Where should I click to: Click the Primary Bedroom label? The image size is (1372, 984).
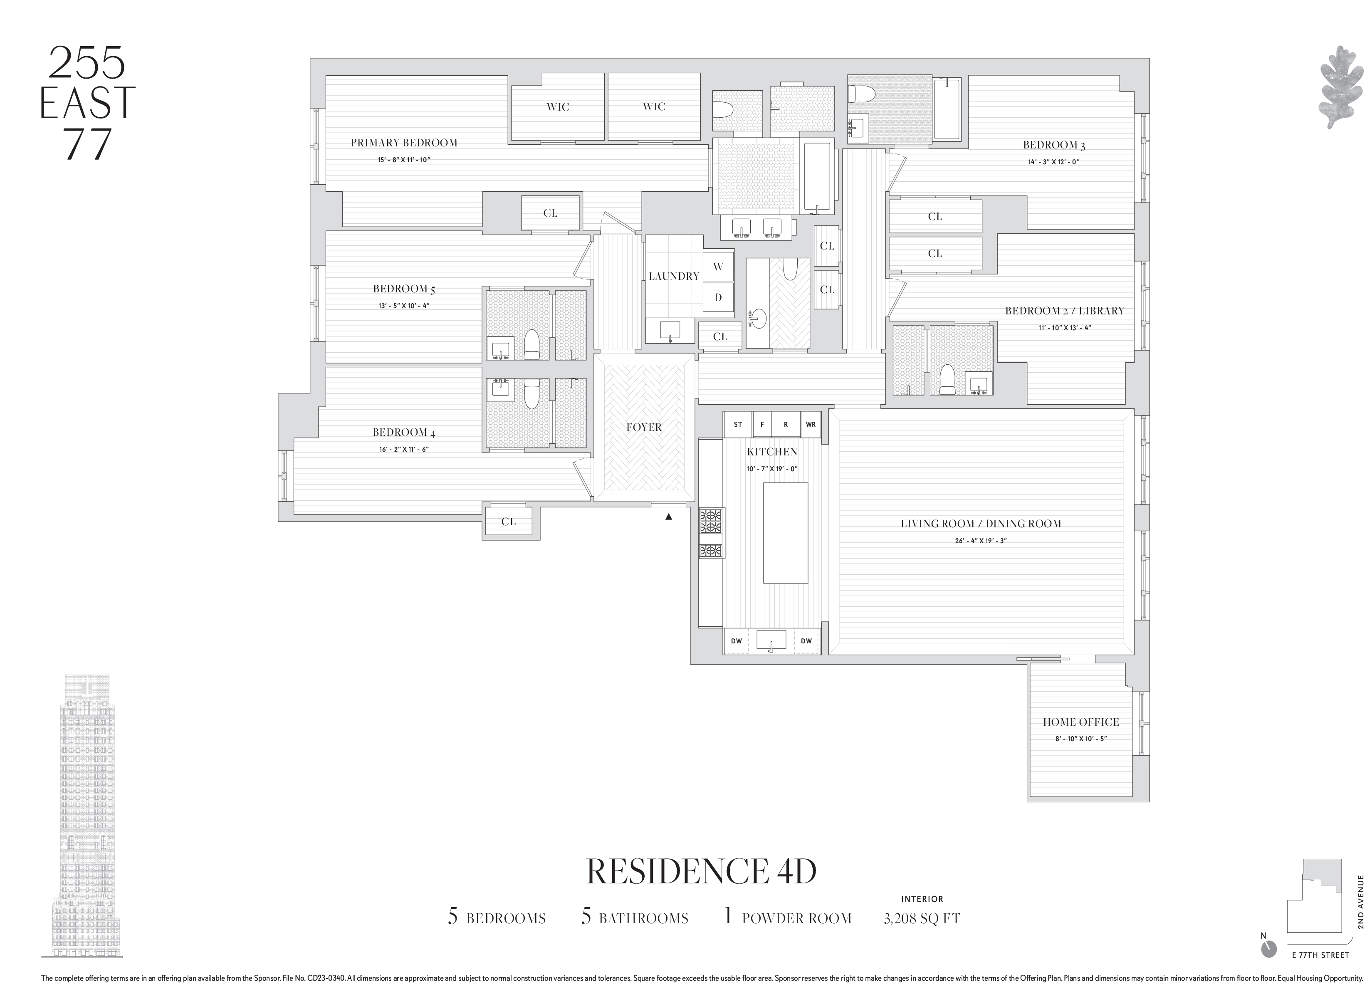403,143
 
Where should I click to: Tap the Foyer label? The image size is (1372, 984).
644,428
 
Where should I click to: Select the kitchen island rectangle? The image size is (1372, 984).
785,532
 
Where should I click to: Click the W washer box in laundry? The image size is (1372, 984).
718,267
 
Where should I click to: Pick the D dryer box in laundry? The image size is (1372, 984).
718,297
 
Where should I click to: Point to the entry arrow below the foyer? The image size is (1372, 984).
668,517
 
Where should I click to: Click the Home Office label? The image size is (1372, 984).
1080,722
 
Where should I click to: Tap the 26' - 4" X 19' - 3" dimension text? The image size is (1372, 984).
980,541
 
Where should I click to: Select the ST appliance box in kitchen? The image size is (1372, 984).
737,425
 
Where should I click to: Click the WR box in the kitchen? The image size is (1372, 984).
811,425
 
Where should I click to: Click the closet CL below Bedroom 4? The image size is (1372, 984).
508,522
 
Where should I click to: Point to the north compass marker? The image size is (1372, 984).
1268,966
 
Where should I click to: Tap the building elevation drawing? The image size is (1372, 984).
82,823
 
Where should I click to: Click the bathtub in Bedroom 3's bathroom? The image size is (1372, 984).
947,109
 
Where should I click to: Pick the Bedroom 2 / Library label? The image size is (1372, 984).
1064,311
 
